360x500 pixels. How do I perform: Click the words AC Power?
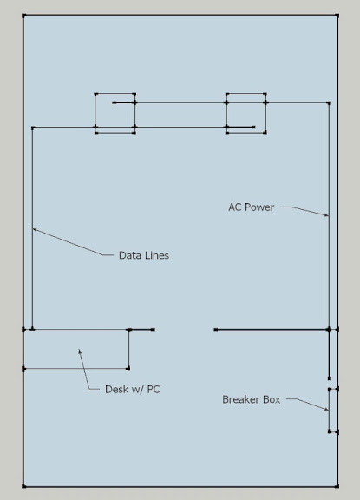coord(251,207)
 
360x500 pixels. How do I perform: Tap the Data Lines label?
coord(144,255)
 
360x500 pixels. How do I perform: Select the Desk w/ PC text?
coord(132,390)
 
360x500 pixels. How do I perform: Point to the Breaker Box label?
coord(251,399)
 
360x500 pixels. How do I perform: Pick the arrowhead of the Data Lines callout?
coord(35,229)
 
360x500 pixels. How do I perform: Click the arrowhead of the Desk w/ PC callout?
coord(80,352)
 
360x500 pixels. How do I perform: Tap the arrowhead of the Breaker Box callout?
coord(326,410)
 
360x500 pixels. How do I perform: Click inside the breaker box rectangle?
coord(333,411)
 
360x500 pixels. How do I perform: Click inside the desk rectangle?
coord(76,349)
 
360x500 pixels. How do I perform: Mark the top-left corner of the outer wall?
coord(24,16)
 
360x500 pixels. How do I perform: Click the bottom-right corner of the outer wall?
coord(337,486)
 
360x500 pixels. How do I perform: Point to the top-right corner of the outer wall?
coord(337,16)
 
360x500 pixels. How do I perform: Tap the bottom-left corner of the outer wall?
coord(24,486)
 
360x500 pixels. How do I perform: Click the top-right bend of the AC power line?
coord(329,102)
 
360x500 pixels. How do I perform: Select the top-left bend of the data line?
coord(32,128)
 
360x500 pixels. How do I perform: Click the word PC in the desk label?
coord(154,390)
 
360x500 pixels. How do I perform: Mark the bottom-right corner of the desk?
coord(128,368)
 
